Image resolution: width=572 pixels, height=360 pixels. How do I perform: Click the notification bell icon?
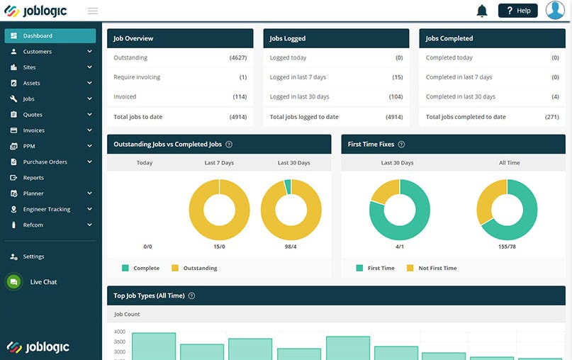[482, 11]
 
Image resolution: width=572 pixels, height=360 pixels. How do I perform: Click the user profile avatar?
[555, 11]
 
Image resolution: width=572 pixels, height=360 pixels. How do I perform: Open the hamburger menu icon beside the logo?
[93, 11]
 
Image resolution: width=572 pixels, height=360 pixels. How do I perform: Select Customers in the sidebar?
[37, 52]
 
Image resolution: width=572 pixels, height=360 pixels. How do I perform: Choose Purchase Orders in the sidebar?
[45, 162]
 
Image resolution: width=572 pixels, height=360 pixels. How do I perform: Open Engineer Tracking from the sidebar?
[46, 210]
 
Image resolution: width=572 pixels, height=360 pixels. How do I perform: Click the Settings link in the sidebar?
[33, 257]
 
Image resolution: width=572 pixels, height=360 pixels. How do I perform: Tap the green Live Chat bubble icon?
[13, 282]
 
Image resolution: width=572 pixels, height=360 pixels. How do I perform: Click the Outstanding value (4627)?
[238, 58]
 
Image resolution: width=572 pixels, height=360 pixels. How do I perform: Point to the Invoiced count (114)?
[240, 97]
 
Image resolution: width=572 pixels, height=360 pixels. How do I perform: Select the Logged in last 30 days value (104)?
[396, 97]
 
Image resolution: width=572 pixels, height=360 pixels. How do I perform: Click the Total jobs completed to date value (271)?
[551, 117]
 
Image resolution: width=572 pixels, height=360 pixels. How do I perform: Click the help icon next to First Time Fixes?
[401, 145]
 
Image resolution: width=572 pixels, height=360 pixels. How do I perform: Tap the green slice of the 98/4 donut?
[288, 186]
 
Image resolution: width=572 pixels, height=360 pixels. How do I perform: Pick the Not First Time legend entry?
[437, 269]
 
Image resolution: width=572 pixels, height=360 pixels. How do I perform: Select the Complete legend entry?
[146, 269]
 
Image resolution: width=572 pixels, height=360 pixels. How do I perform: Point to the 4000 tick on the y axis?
[119, 332]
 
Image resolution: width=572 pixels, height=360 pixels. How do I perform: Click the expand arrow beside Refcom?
[89, 225]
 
